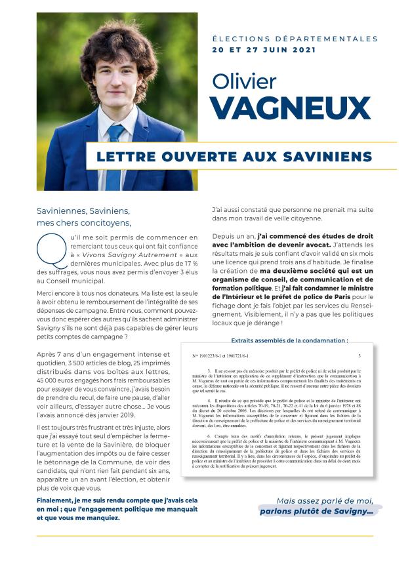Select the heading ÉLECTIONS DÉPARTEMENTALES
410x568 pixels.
point(295,39)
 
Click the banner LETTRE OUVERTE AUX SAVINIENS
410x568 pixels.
point(234,156)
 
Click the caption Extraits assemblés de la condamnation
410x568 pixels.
point(289,340)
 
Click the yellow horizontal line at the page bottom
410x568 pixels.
point(205,536)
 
